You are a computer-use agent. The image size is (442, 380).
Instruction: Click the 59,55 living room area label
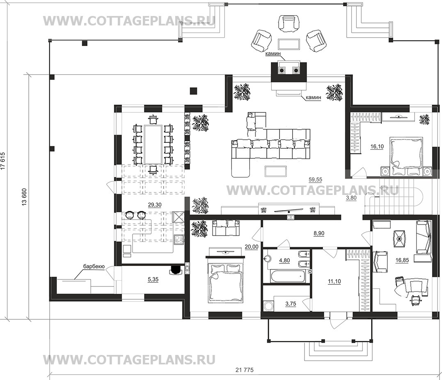315,179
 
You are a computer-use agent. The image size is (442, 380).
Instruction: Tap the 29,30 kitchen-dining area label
154,205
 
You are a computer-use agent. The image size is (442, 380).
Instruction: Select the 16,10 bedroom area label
377,147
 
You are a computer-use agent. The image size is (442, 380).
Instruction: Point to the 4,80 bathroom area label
284,261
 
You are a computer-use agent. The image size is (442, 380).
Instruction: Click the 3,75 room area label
291,304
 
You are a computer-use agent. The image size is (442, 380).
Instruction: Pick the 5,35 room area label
153,279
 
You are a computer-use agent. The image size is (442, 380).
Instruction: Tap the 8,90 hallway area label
318,233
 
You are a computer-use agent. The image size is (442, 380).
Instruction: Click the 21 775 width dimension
244,370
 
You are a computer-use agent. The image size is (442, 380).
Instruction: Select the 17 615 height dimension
3,161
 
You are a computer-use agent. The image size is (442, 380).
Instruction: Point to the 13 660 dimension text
24,197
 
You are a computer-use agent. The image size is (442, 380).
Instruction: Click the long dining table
153,144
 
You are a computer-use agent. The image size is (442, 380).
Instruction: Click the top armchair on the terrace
288,23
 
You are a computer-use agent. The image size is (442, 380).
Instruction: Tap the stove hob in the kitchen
179,240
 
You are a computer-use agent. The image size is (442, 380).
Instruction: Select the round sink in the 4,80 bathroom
267,258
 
